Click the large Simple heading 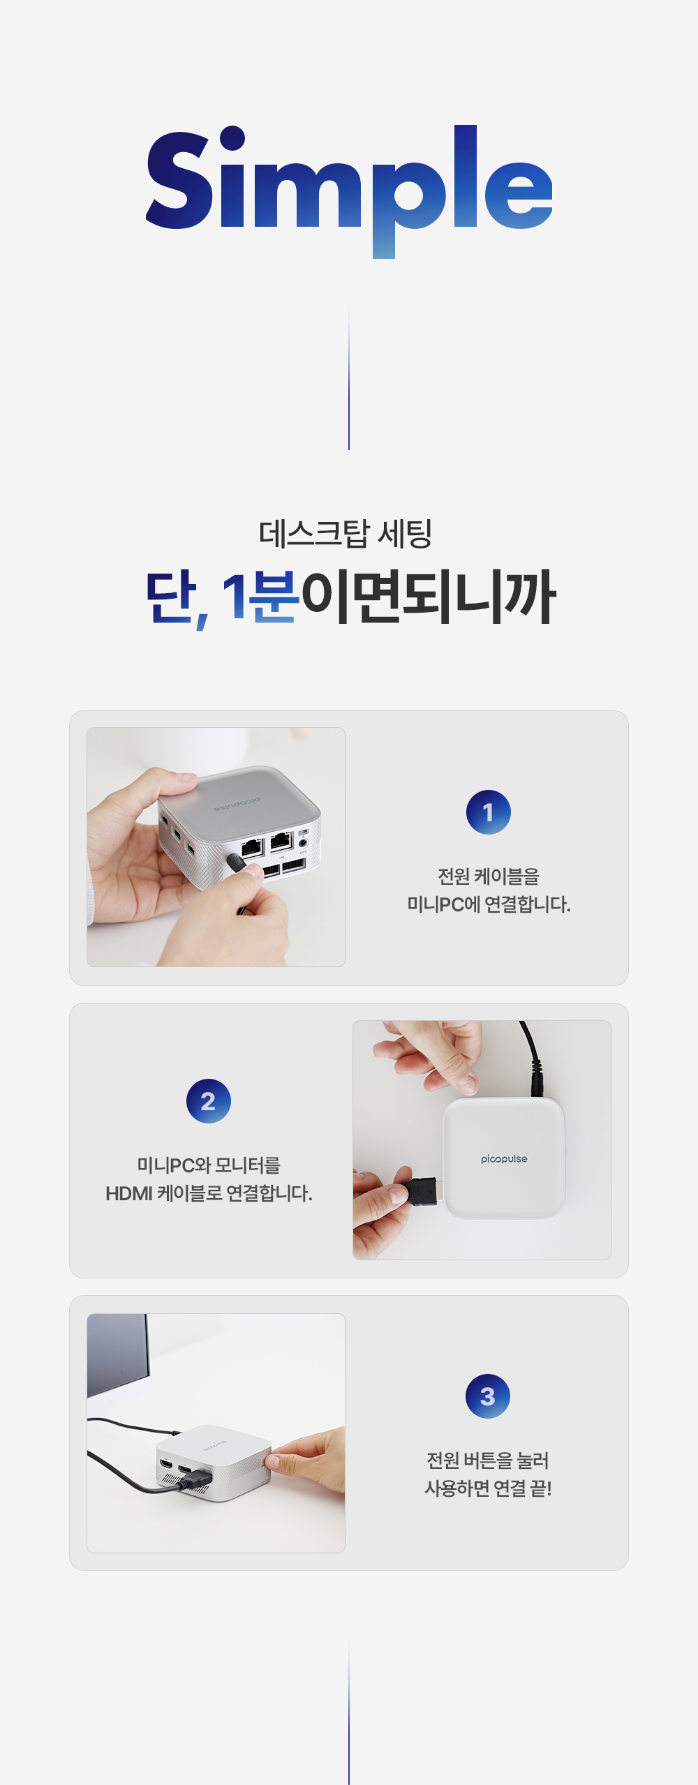349,190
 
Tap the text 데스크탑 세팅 346,534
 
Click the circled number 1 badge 489,812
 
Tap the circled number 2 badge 209,1101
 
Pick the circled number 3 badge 488,1396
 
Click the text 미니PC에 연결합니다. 489,904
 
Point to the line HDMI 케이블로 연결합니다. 209,1193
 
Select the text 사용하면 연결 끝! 489,1488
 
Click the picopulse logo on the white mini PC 504,1159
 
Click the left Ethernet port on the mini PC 252,848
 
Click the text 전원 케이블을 489,876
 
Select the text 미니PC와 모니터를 209,1165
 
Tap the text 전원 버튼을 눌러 488,1460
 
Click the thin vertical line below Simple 349,377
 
